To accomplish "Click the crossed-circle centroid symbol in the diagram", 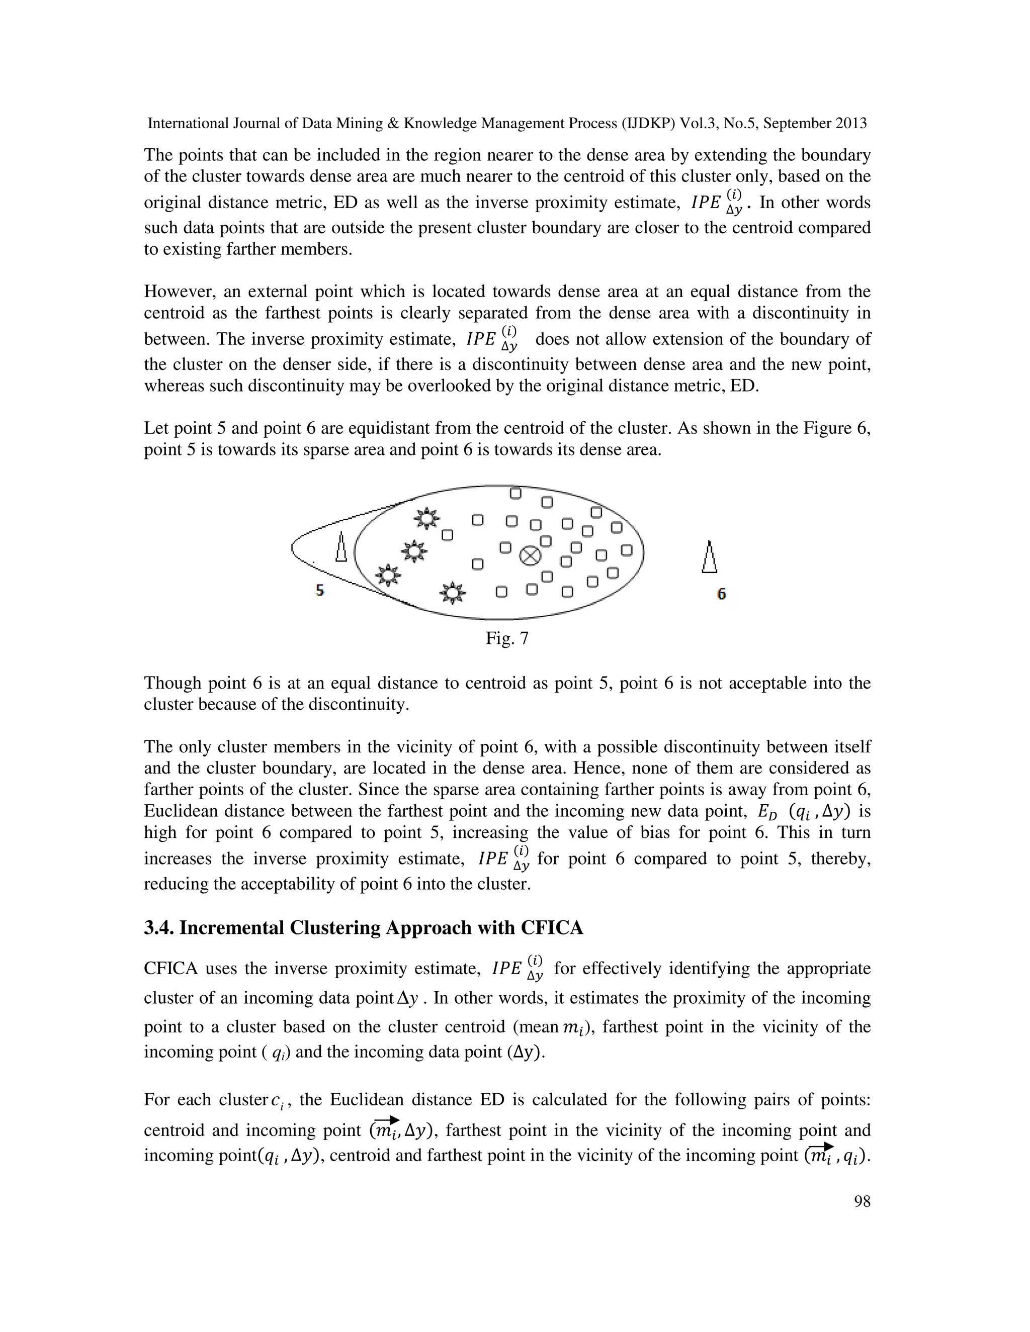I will click(x=530, y=555).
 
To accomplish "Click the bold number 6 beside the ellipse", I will click(x=721, y=594).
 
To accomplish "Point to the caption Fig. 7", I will click(x=506, y=638).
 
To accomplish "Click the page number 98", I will click(x=862, y=1201).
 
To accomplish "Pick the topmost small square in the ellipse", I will click(x=516, y=493).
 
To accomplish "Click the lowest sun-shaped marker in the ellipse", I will click(x=452, y=592).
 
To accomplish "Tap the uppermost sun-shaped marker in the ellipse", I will click(x=426, y=518).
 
